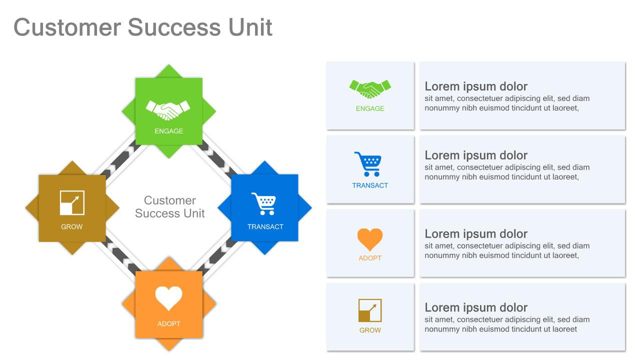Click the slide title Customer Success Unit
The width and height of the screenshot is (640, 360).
tap(143, 27)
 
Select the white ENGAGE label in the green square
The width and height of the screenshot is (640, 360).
tap(169, 131)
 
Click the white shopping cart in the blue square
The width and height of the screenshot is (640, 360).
tap(263, 203)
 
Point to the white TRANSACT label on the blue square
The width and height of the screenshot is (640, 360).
tap(265, 226)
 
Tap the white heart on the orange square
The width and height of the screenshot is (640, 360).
tap(168, 298)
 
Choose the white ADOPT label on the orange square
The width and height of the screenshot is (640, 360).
tap(169, 323)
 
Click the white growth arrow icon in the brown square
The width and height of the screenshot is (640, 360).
tap(72, 202)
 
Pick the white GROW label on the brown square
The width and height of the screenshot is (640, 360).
tap(72, 226)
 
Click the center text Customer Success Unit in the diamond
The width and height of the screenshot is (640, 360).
tap(170, 207)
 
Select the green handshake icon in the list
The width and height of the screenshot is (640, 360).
tap(370, 89)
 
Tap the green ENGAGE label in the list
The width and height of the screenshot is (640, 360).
tap(370, 108)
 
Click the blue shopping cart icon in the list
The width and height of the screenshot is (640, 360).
tap(368, 164)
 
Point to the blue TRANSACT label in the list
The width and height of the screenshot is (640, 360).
tap(370, 185)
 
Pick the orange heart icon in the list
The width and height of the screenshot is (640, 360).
tap(370, 239)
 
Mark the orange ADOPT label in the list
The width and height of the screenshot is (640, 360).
tap(370, 258)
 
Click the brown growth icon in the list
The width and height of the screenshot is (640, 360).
tap(370, 310)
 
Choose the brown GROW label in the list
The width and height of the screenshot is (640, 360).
tap(370, 330)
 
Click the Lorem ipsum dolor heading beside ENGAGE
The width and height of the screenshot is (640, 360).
tap(476, 86)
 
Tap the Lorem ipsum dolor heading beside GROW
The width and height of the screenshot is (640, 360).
tap(476, 307)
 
